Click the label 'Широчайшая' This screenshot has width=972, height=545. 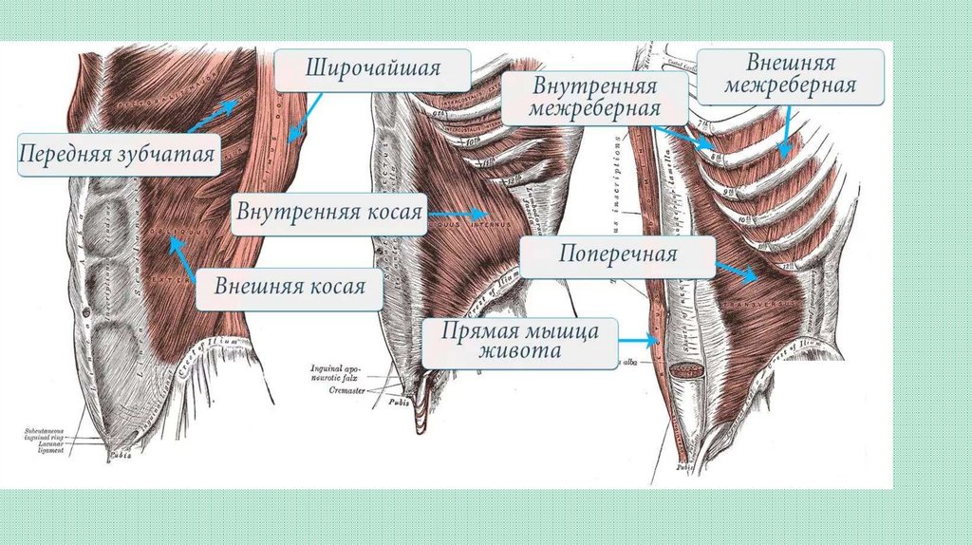tap(372, 69)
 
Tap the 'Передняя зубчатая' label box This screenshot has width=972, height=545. tap(118, 153)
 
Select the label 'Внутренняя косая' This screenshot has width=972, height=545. tap(328, 212)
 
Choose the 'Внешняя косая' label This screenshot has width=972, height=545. tap(290, 286)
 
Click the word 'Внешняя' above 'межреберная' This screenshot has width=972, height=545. tap(791, 64)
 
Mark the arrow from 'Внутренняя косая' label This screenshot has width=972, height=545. tap(458, 215)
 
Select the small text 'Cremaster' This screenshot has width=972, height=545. tap(348, 389)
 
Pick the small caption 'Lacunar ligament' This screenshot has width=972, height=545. tap(48, 446)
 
